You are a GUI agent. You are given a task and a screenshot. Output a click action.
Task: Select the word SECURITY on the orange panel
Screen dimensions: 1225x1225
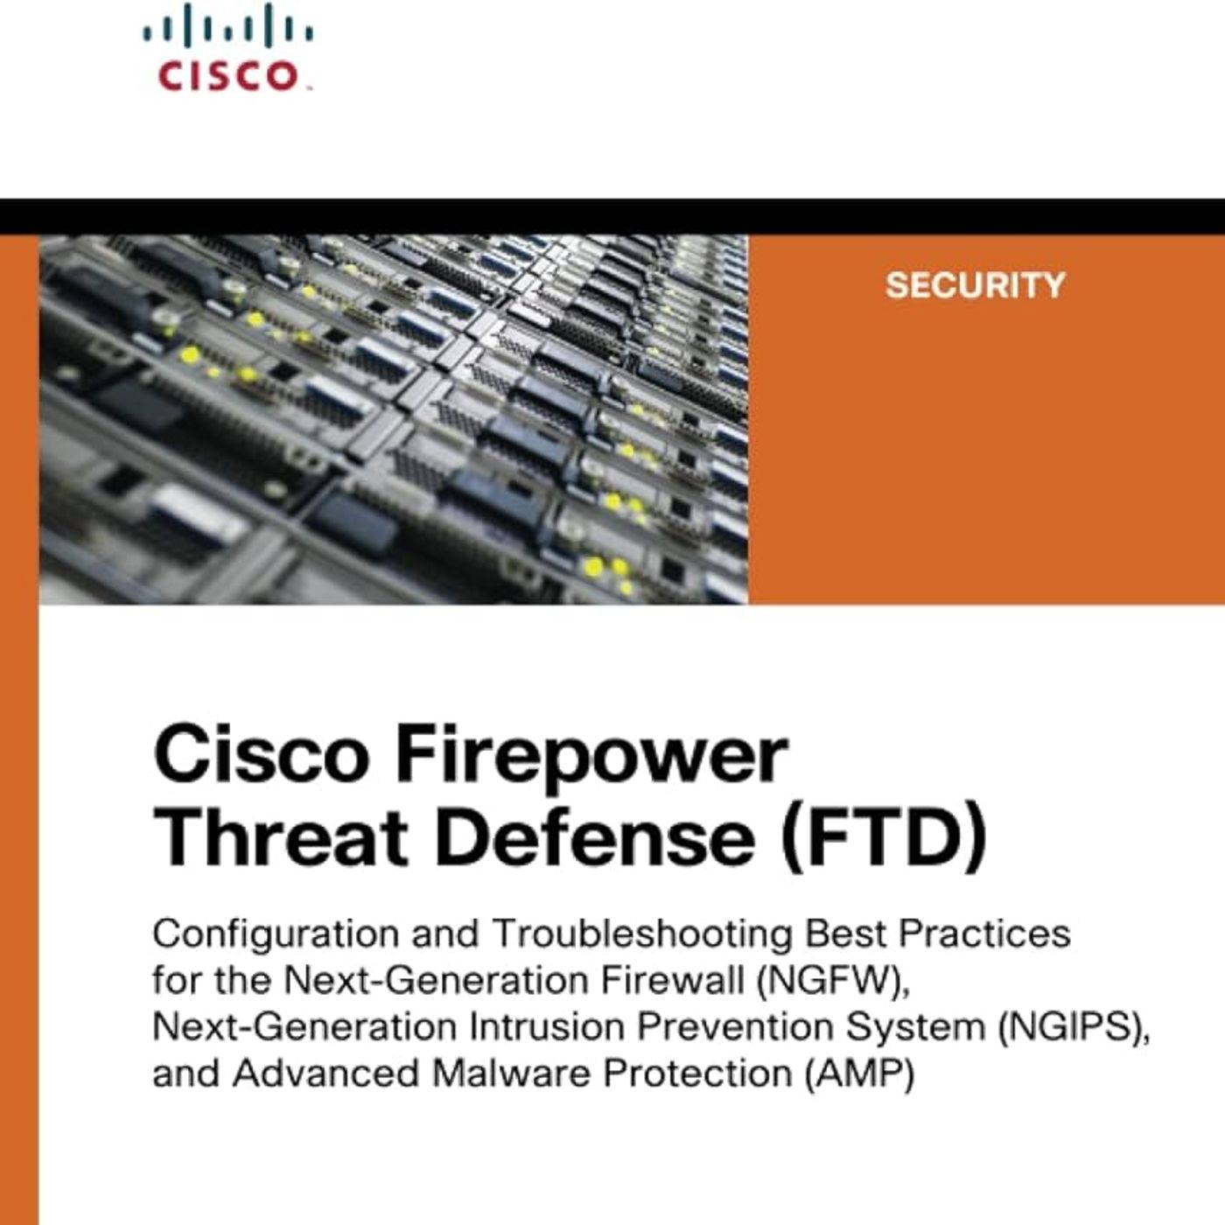975,285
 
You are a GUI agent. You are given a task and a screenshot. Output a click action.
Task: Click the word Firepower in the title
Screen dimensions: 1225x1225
591,756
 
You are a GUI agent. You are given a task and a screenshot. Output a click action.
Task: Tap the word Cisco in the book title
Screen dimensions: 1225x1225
261,756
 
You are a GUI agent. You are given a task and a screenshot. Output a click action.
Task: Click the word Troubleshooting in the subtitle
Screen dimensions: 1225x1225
642,934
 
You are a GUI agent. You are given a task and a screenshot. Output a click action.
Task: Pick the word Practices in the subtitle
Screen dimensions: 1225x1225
984,934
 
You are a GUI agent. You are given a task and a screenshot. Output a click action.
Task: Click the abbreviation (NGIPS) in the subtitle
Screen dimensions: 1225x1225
1073,1027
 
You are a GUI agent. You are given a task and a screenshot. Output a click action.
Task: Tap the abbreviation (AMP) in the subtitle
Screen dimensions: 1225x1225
858,1074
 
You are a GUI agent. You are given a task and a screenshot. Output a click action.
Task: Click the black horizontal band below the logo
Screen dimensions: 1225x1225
612,216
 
